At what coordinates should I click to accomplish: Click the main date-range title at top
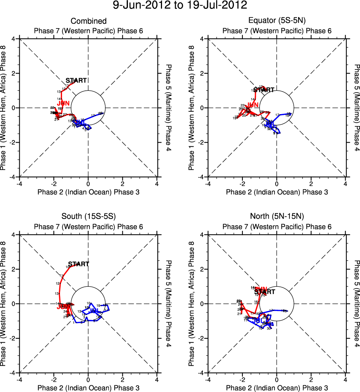point(180,6)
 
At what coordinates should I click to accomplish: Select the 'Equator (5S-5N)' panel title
point(277,21)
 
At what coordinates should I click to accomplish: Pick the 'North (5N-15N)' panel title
point(277,217)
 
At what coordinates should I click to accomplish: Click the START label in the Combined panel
point(76,81)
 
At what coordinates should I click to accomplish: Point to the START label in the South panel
point(79,264)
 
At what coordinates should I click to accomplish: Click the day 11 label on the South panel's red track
point(61,276)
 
